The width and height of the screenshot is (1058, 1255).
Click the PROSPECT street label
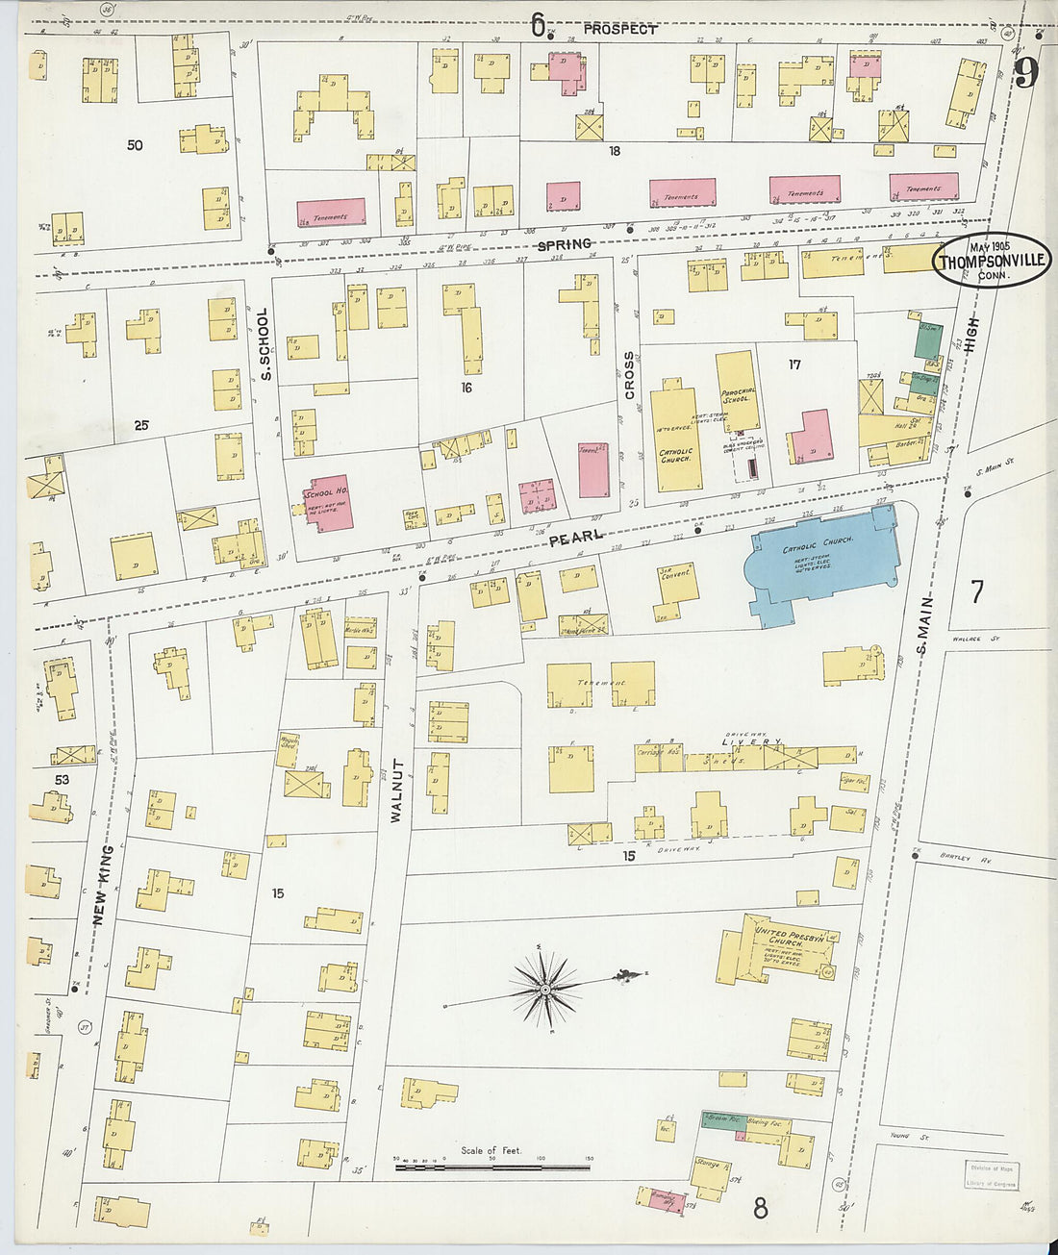point(619,29)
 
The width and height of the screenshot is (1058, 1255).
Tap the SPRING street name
point(564,245)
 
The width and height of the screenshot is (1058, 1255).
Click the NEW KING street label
point(103,886)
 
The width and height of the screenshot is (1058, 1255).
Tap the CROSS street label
point(630,375)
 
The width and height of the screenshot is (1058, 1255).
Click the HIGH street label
point(970,332)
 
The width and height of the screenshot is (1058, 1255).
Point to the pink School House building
point(328,501)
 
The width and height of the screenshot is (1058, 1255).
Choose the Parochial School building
point(737,390)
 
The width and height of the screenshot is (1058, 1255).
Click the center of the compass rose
point(545,988)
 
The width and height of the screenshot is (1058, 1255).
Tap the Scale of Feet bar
point(493,1167)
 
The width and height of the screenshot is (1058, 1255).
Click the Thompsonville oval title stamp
point(992,260)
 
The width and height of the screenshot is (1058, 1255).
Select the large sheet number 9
point(1025,73)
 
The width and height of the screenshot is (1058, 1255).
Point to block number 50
point(135,145)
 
